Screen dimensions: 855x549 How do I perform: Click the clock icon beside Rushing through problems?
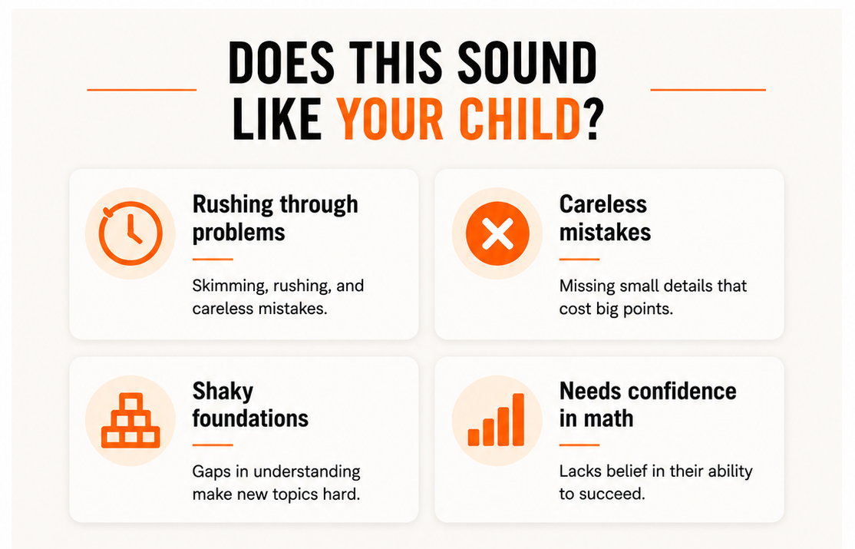130,233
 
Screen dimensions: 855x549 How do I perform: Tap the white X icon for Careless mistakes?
497,233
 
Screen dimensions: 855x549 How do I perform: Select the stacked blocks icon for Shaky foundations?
131,421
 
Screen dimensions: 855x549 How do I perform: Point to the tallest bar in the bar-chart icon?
518,420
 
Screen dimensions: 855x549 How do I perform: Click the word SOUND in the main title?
527,63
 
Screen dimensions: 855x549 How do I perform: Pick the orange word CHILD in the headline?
520,119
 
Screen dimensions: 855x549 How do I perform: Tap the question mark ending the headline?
593,119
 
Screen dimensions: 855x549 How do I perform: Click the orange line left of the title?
142,90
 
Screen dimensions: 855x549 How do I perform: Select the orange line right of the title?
708,90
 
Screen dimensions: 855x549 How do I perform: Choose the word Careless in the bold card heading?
603,204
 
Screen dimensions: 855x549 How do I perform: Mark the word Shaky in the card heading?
223,392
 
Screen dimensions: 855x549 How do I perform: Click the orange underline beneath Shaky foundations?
213,445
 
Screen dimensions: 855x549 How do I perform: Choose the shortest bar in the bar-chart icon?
474,437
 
